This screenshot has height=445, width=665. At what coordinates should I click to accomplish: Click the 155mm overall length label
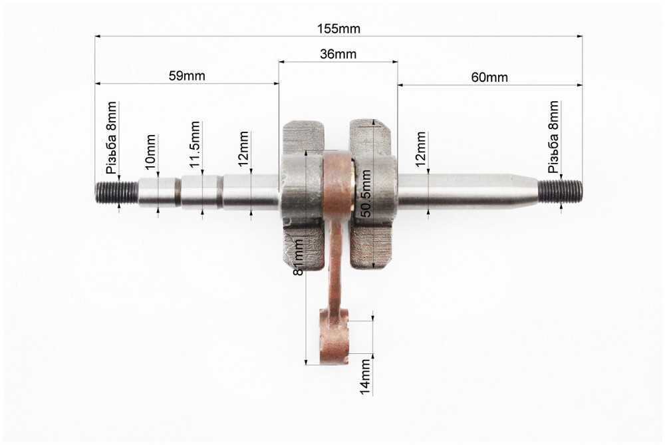pyautogui.click(x=338, y=29)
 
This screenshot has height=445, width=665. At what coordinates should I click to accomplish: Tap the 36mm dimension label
pyautogui.click(x=338, y=55)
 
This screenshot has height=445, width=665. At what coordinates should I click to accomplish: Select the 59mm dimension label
pyautogui.click(x=187, y=76)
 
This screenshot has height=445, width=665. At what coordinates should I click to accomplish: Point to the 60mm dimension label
pyautogui.click(x=489, y=78)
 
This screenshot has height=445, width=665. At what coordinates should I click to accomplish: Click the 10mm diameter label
pyautogui.click(x=150, y=152)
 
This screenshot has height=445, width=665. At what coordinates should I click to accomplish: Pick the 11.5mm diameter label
pyautogui.click(x=195, y=144)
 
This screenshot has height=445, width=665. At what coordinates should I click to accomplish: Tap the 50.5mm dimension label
pyautogui.click(x=366, y=194)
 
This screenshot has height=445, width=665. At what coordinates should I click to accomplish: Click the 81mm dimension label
pyautogui.click(x=299, y=257)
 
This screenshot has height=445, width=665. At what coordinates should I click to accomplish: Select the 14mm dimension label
pyautogui.click(x=365, y=376)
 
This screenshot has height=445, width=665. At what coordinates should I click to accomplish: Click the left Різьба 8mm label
pyautogui.click(x=112, y=138)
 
